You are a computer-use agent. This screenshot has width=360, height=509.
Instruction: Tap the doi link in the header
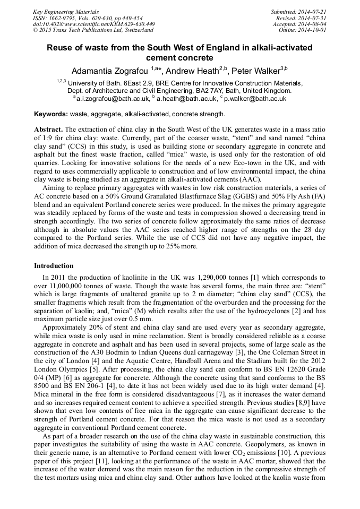pyautogui.click(x=94, y=24)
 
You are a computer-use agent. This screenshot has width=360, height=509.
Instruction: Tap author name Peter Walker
pyautogui.click(x=253, y=71)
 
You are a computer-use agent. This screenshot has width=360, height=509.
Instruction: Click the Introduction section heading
pyautogui.click(x=54, y=265)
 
